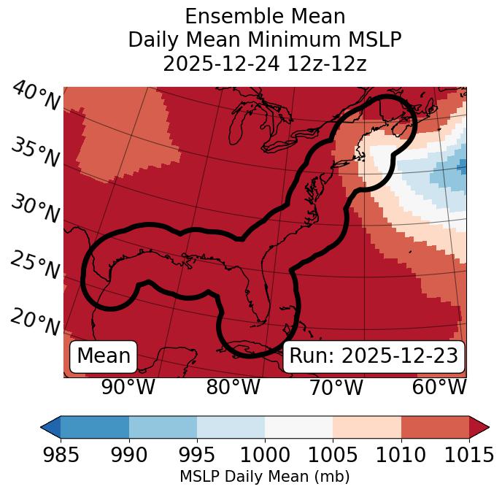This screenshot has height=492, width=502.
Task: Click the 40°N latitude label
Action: pyautogui.click(x=35, y=96)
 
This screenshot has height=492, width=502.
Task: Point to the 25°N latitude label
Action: pyautogui.click(x=35, y=266)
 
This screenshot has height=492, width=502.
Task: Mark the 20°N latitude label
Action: pyautogui.click(x=35, y=322)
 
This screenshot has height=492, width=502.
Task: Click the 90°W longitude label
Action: pyautogui.click(x=128, y=387)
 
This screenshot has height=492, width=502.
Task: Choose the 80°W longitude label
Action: pyautogui.click(x=233, y=387)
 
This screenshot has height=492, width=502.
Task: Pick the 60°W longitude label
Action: pyautogui.click(x=439, y=387)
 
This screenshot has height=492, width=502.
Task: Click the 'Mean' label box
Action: pyautogui.click(x=104, y=356)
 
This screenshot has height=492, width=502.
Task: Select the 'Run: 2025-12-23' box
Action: pyautogui.click(x=374, y=356)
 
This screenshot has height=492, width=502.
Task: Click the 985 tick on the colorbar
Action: pyautogui.click(x=61, y=455)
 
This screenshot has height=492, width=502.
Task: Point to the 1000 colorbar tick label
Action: pyautogui.click(x=265, y=455)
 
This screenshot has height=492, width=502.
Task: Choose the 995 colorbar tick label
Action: pyautogui.click(x=197, y=455)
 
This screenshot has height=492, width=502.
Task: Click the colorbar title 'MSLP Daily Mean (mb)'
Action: pyautogui.click(x=265, y=477)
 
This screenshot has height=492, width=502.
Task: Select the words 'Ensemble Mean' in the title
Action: pyautogui.click(x=265, y=16)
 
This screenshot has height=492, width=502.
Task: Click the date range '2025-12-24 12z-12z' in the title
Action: pyautogui.click(x=265, y=64)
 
